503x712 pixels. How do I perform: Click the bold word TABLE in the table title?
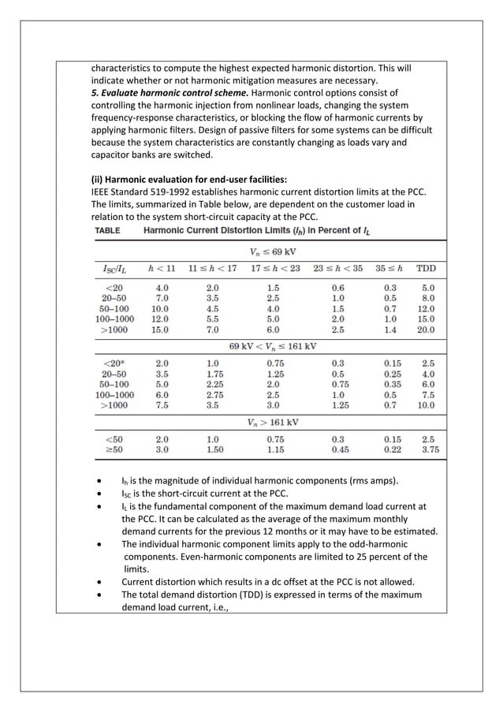click(114, 230)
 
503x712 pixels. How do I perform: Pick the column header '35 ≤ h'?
click(391, 269)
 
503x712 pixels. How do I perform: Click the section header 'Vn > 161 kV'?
click(273, 422)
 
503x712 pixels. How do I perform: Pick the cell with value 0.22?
click(392, 449)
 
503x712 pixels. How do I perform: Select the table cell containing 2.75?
click(214, 394)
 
